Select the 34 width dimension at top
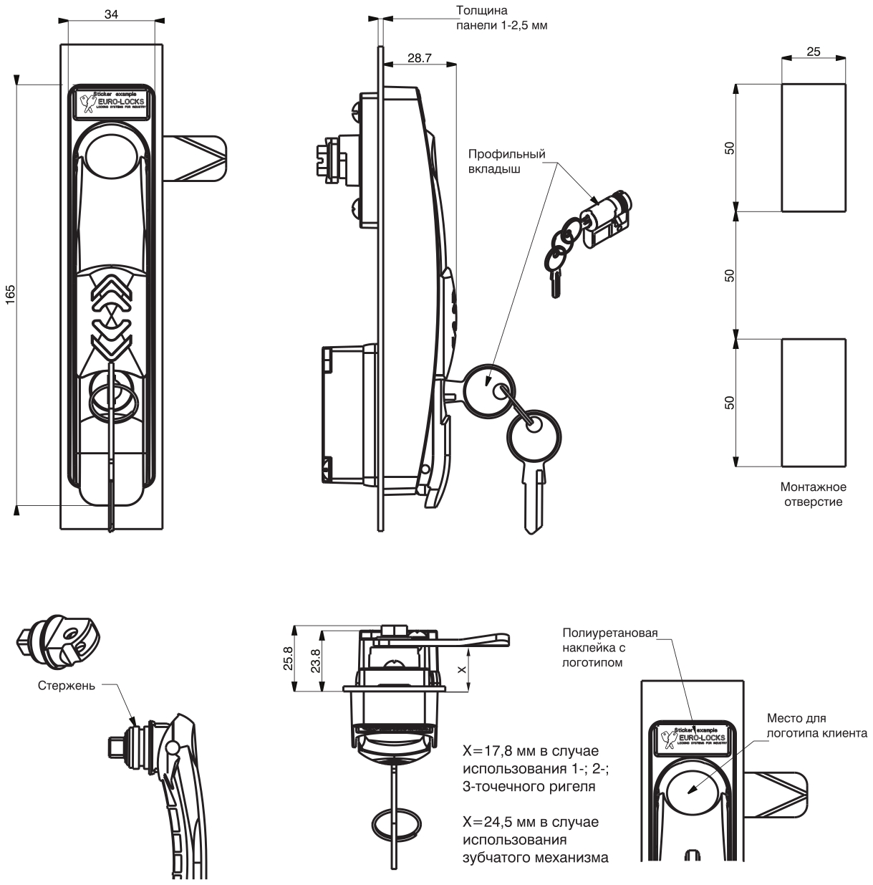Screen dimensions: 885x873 coord(111,14)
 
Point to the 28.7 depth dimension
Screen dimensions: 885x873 coord(419,59)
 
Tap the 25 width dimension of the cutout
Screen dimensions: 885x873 coord(814,51)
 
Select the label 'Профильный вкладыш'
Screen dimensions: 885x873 coord(506,161)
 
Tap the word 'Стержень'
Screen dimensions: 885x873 coord(66,686)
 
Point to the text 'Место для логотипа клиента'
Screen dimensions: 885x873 coord(817,725)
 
